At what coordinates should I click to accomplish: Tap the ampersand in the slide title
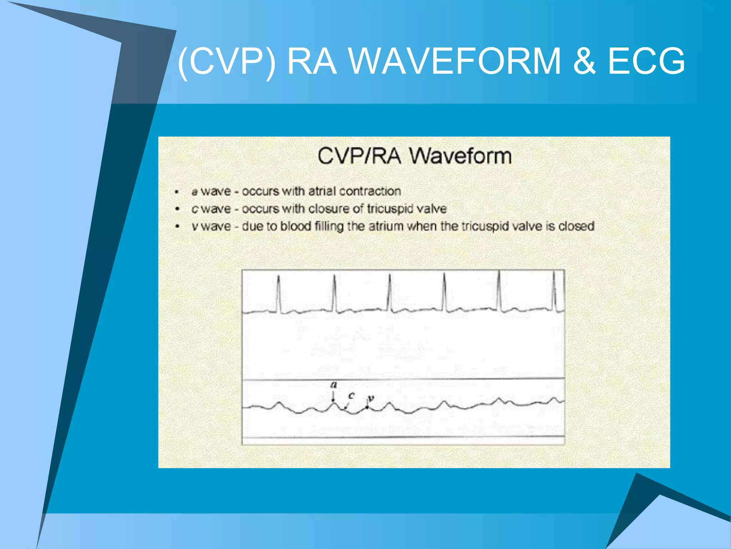click(x=584, y=61)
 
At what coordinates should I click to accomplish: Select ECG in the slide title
click(x=646, y=61)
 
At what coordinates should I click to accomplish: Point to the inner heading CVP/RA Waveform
click(x=414, y=156)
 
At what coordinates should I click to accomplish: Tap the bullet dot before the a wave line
click(x=177, y=192)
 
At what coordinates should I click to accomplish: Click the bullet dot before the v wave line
click(x=177, y=227)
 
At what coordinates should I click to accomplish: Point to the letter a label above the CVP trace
click(x=334, y=385)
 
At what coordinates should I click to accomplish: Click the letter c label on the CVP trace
click(x=352, y=396)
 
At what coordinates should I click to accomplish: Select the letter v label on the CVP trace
click(x=371, y=398)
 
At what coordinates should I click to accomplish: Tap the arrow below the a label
click(x=333, y=396)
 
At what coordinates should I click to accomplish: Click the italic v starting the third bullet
click(x=195, y=227)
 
